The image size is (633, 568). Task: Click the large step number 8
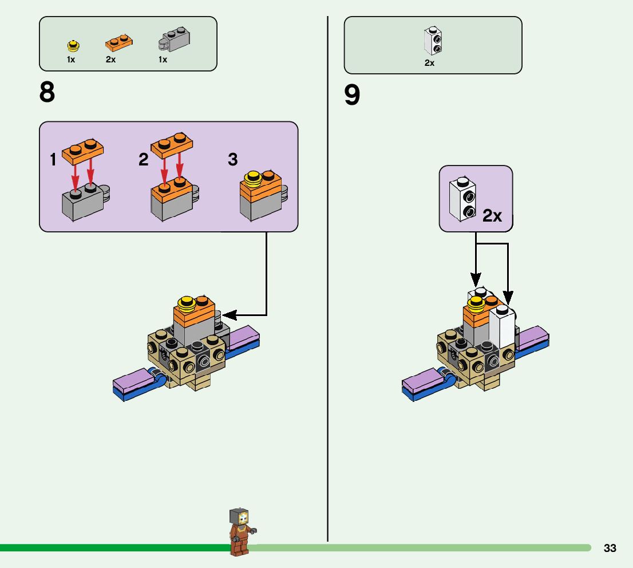(48, 92)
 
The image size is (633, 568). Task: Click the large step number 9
(352, 96)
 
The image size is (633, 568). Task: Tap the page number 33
(610, 549)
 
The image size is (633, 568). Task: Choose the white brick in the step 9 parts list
(432, 40)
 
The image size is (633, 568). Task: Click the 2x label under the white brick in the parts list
(429, 63)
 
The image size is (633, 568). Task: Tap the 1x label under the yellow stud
(71, 60)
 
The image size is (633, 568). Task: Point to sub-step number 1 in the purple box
(53, 160)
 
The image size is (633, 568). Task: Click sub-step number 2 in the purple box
(143, 160)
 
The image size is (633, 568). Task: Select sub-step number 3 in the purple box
(232, 159)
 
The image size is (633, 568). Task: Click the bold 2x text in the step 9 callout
(492, 216)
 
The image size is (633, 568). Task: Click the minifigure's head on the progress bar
(239, 518)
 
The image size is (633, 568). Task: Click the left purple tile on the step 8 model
(132, 379)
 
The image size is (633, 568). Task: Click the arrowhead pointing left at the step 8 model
(227, 314)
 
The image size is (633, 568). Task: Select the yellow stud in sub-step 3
(252, 179)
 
